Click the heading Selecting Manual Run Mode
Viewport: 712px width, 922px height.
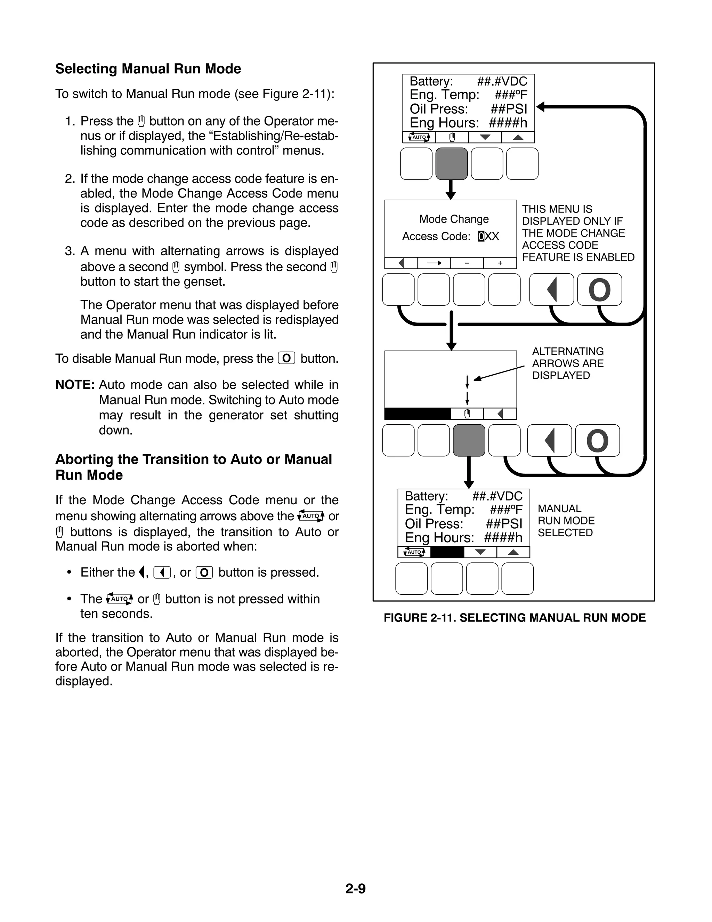148,69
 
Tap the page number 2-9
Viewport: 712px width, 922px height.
355,889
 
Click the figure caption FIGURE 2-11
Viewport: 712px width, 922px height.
514,618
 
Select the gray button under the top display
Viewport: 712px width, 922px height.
451,164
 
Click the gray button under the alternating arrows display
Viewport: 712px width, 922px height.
469,440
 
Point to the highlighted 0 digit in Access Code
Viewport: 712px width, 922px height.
481,236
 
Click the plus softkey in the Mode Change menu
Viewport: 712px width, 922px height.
500,263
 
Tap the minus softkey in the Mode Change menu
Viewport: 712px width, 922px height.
467,263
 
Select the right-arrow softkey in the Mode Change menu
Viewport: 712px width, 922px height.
434,263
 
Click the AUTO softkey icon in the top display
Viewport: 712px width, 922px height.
419,137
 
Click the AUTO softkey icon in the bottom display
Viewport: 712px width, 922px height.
414,552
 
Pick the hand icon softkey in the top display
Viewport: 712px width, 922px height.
452,137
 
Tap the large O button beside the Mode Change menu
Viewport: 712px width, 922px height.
599,290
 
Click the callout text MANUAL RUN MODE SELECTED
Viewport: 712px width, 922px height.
566,521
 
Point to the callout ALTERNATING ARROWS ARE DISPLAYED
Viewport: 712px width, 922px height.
567,363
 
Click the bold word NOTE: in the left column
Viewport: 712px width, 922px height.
75,385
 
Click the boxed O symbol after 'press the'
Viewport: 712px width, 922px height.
286,359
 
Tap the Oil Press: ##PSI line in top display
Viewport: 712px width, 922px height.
468,109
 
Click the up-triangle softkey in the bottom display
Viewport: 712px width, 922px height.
513,552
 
